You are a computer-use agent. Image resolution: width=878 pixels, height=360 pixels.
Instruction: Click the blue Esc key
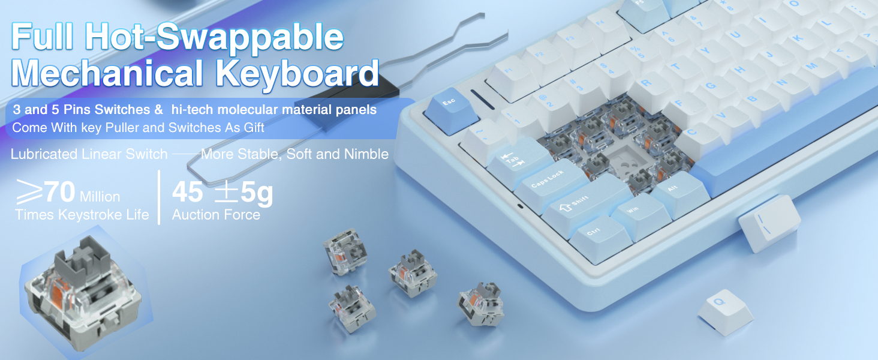tap(452, 110)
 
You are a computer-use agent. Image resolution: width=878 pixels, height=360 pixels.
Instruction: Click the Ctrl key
tap(600, 237)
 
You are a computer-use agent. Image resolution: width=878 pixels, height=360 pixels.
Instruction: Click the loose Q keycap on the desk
tap(725, 312)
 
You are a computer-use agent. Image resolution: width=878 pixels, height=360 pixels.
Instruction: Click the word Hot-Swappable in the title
tap(214, 37)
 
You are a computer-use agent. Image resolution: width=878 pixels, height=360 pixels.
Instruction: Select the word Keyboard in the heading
tap(297, 73)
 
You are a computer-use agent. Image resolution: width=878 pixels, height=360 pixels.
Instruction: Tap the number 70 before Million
tap(59, 192)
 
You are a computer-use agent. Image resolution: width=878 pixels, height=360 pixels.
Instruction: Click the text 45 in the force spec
tap(187, 192)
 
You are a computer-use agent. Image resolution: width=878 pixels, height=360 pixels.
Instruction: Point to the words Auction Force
tap(216, 215)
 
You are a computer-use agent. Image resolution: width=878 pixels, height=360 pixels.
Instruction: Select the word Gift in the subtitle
tap(254, 127)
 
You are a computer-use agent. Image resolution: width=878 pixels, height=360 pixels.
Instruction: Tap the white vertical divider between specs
tap(159, 197)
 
